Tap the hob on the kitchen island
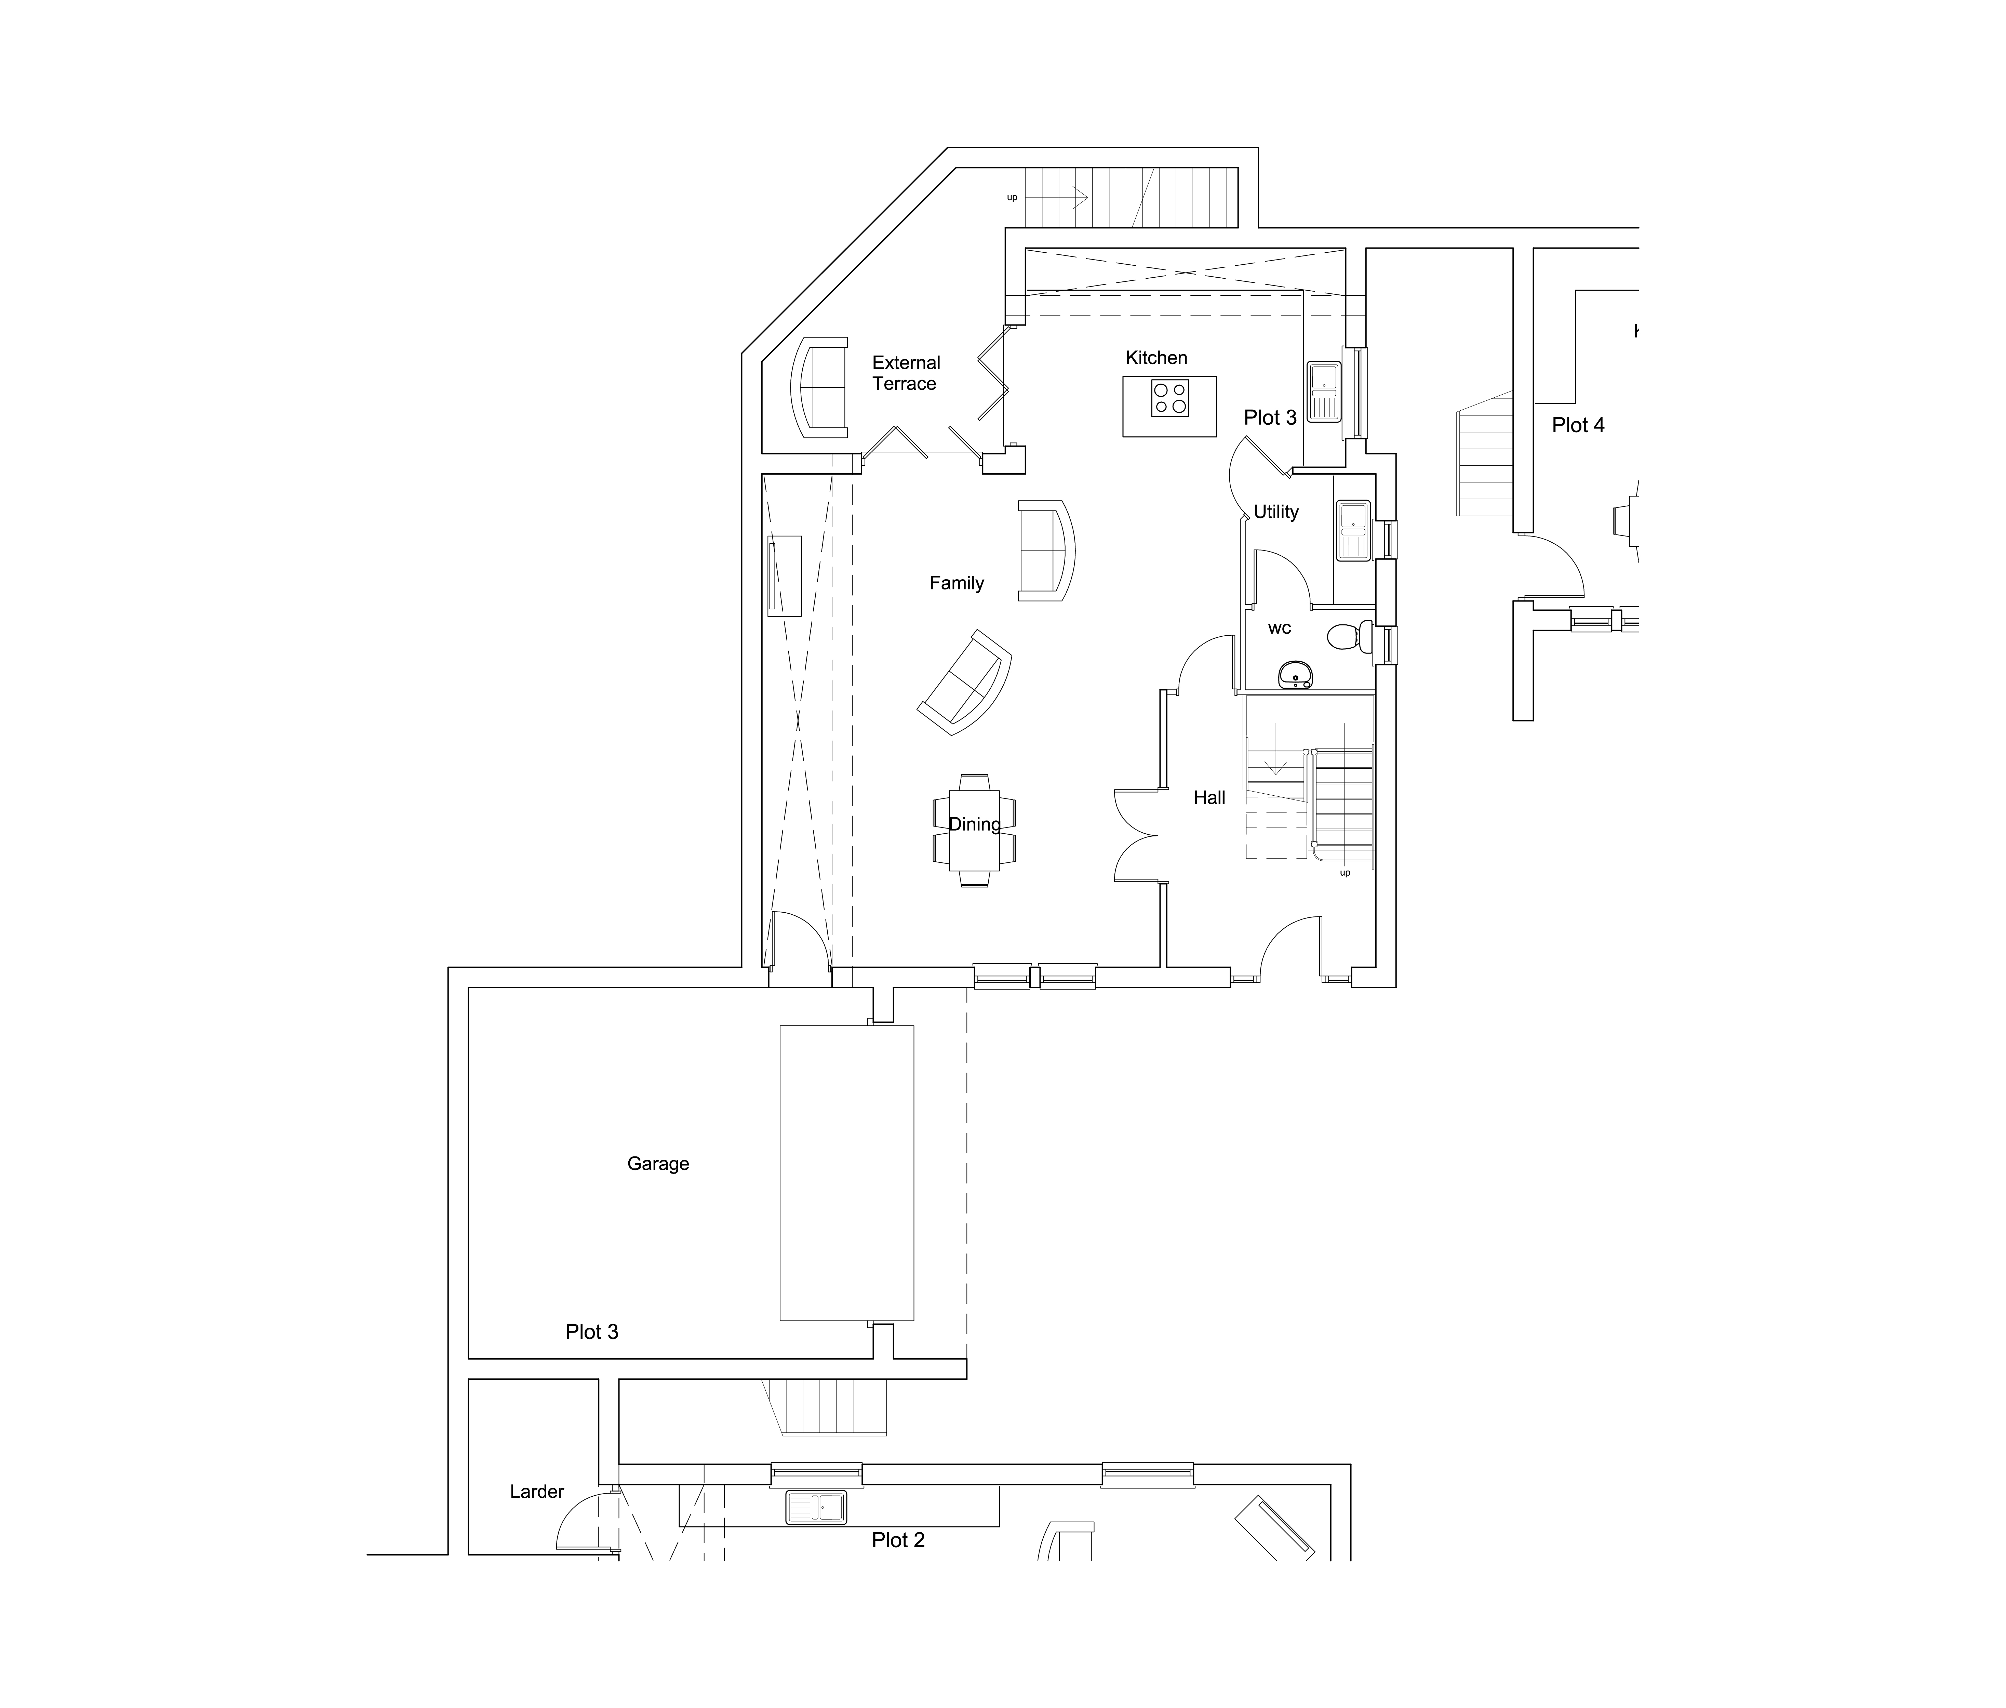[1169, 399]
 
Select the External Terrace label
[905, 373]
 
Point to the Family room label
[957, 583]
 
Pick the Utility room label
[1276, 512]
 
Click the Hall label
[1209, 798]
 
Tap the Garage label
[658, 1164]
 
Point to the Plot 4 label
[1578, 425]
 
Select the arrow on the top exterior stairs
[1065, 198]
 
